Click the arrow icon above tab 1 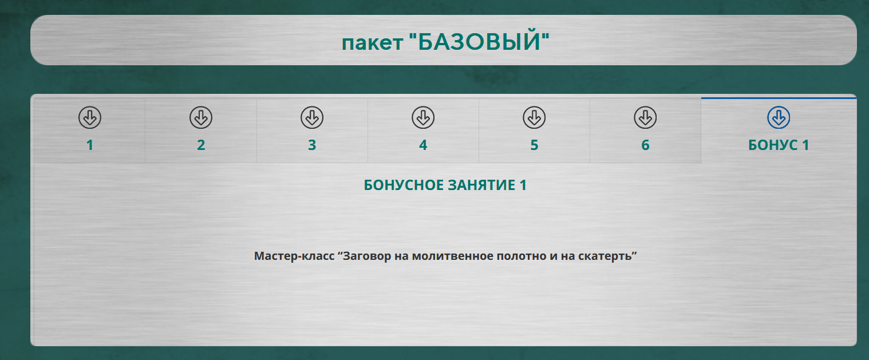[89, 118]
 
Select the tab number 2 [201, 145]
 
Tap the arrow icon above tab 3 [312, 118]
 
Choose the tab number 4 [423, 145]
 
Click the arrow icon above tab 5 [534, 118]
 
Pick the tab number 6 [645, 145]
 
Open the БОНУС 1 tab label [779, 145]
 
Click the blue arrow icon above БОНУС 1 [779, 118]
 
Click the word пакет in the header [372, 43]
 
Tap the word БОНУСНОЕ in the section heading [404, 185]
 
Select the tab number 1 [90, 145]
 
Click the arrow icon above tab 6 [645, 118]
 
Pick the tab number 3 [312, 145]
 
